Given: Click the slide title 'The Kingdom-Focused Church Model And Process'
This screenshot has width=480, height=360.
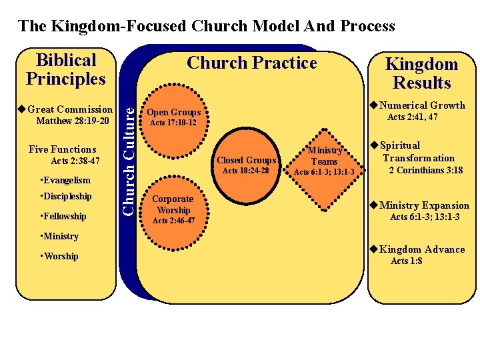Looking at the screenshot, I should tap(207, 27).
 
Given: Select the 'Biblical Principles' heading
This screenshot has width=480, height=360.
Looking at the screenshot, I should tap(66, 69).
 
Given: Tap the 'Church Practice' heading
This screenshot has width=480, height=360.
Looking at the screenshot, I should tap(251, 63).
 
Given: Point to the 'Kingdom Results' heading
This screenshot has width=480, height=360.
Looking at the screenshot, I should tap(421, 74).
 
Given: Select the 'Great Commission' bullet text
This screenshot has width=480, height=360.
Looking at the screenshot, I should tap(70, 109).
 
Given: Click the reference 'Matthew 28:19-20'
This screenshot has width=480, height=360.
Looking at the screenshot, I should tap(73, 121).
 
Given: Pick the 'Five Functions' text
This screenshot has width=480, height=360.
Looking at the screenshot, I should tap(63, 149).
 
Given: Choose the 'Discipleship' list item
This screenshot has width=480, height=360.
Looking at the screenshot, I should tap(66, 197).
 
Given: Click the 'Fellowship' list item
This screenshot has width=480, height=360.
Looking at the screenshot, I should tap(63, 216).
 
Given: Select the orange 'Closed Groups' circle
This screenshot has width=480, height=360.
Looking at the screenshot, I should tap(246, 161).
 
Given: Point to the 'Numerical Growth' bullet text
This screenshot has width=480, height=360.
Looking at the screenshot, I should tap(422, 105).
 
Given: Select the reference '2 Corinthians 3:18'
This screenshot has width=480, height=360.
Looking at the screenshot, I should tap(426, 170).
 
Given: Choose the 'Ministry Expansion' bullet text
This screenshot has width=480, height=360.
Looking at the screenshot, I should tap(424, 205).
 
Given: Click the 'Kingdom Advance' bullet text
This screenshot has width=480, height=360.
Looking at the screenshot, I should tap(422, 249).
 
